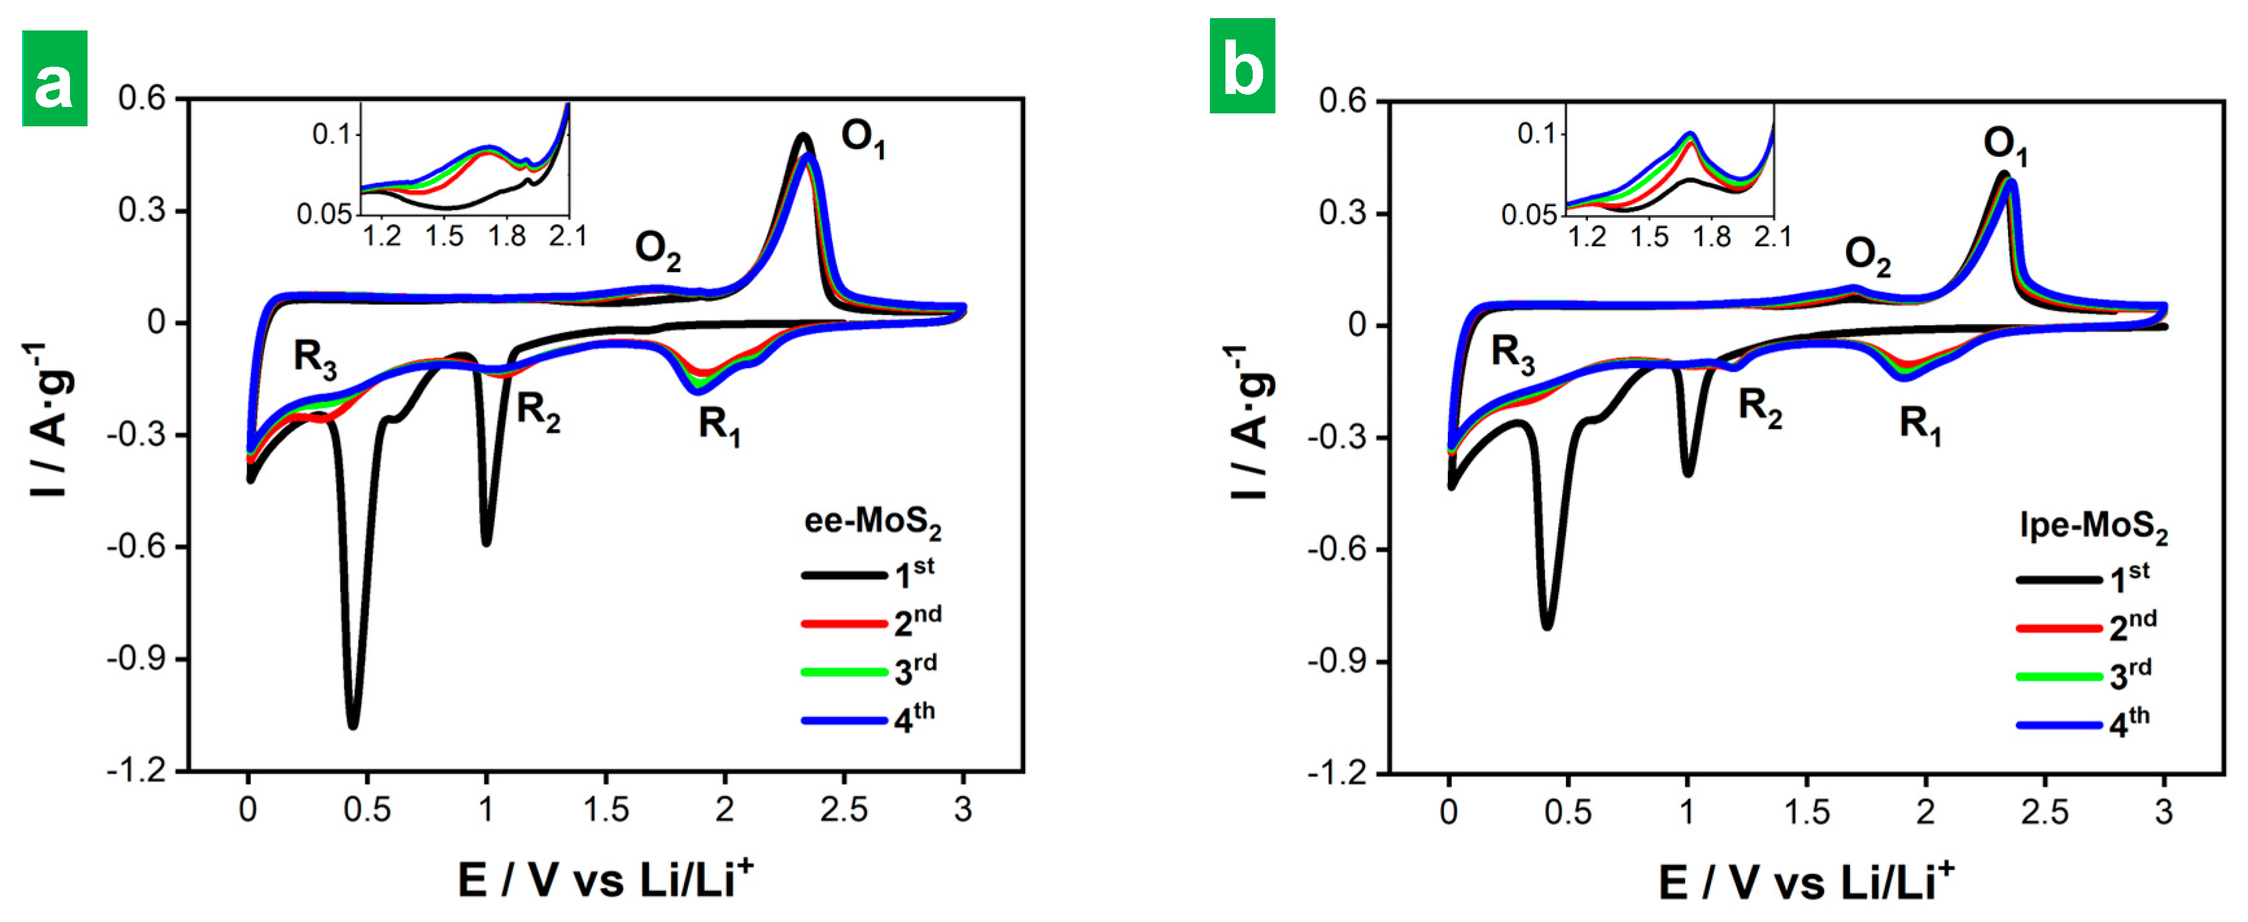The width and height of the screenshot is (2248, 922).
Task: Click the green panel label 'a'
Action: tap(54, 78)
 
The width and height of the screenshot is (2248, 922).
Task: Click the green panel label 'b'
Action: tap(1241, 66)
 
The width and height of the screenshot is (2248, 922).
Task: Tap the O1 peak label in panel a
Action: tap(862, 139)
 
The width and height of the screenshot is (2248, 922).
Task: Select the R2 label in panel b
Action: tap(1759, 408)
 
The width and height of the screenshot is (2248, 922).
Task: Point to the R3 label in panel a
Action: tap(314, 358)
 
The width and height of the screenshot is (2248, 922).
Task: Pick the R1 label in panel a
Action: tap(719, 426)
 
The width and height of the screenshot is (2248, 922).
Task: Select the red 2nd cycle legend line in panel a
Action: tap(843, 624)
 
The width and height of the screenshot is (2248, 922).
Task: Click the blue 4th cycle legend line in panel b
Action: tap(2058, 725)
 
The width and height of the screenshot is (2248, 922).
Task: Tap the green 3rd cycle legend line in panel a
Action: tap(843, 672)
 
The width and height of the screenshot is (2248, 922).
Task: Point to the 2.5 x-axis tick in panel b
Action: tap(2044, 811)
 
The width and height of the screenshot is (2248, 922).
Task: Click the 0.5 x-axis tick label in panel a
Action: tap(368, 809)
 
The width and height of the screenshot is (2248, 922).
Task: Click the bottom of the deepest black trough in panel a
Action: tap(353, 724)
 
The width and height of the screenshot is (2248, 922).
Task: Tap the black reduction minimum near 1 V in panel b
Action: tap(1688, 472)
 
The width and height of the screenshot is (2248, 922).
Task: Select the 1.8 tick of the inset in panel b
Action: tap(1711, 237)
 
